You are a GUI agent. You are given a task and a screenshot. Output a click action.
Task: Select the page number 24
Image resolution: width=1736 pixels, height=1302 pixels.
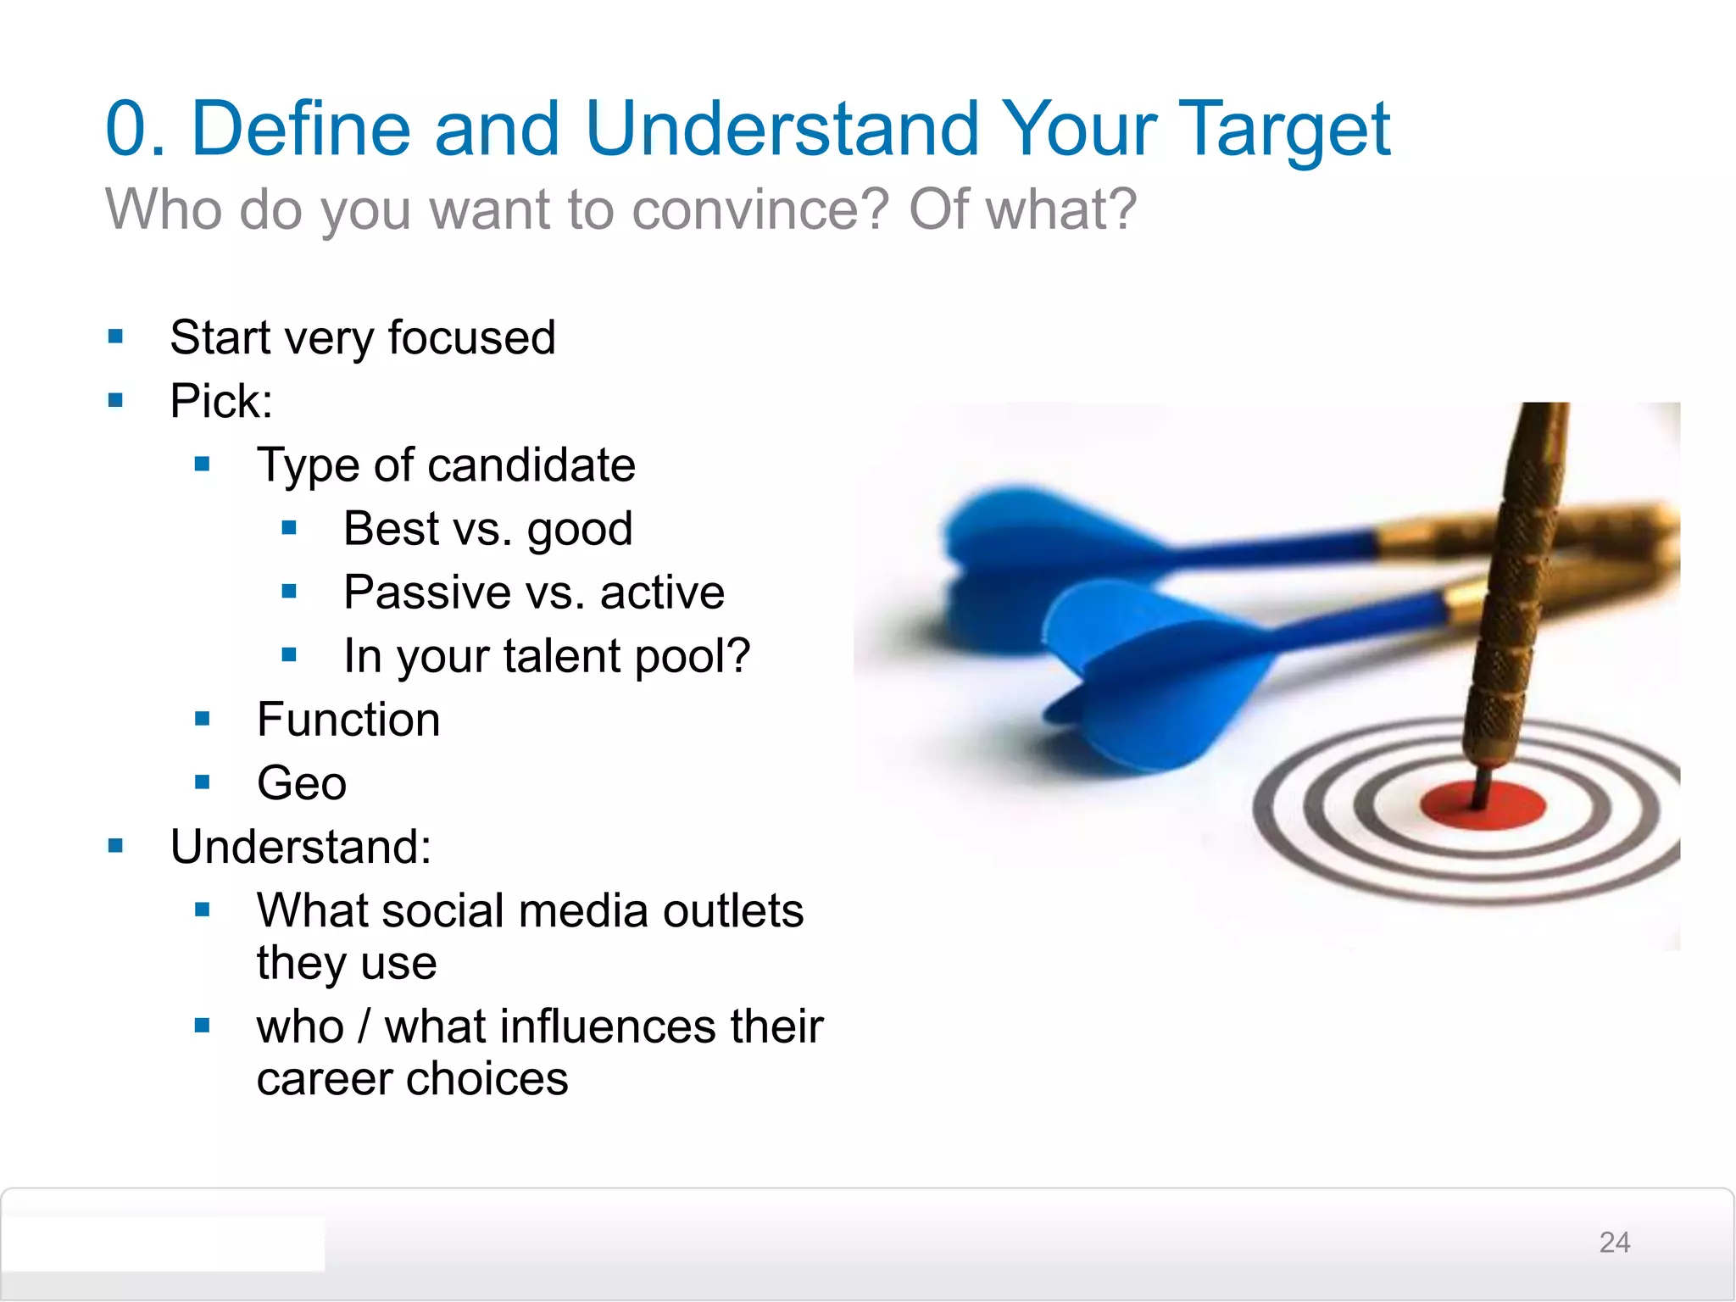[1614, 1243]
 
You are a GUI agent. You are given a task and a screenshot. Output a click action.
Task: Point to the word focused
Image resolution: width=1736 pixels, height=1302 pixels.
[471, 337]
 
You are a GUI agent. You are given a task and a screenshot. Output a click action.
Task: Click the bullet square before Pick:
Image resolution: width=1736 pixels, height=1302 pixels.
[116, 400]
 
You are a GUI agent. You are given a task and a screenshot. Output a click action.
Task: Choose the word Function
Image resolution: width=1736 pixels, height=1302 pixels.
[348, 720]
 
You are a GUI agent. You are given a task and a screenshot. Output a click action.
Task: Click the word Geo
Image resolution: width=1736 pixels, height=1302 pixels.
[302, 783]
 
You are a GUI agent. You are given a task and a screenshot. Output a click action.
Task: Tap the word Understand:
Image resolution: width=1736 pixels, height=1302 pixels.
[301, 847]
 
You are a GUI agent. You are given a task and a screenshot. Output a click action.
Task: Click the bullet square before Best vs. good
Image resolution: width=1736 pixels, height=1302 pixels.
[289, 528]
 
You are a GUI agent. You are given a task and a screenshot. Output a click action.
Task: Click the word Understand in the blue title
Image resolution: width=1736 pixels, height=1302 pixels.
[781, 129]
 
